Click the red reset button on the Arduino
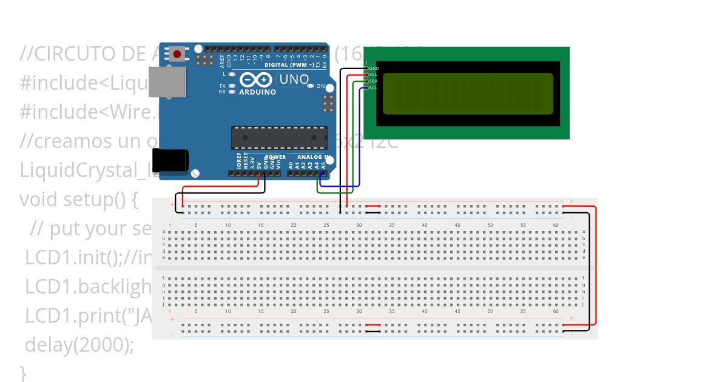click(x=177, y=54)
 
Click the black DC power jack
click(x=170, y=160)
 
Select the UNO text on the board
click(x=294, y=79)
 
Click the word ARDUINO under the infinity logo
click(x=257, y=92)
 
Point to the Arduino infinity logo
click(x=257, y=79)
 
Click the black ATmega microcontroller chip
click(x=279, y=138)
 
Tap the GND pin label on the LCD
click(x=374, y=69)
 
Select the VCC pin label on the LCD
click(x=374, y=75)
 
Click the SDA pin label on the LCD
click(x=374, y=81)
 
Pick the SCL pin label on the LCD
click(x=374, y=87)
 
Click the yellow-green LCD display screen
click(x=468, y=93)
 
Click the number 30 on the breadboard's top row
click(x=359, y=226)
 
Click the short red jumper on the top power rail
click(x=373, y=206)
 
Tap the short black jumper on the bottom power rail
click(x=373, y=331)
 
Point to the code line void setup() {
click(x=79, y=199)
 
